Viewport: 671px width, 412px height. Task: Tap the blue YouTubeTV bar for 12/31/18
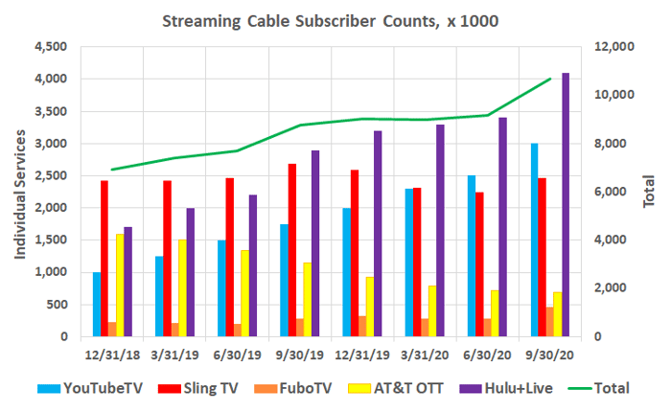tap(97, 304)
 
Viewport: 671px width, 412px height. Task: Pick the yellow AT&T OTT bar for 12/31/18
tap(120, 285)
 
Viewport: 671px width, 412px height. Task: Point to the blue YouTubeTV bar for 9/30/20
tap(534, 240)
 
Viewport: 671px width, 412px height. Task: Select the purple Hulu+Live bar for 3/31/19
tap(191, 272)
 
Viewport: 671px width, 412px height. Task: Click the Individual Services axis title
tap(19, 192)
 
